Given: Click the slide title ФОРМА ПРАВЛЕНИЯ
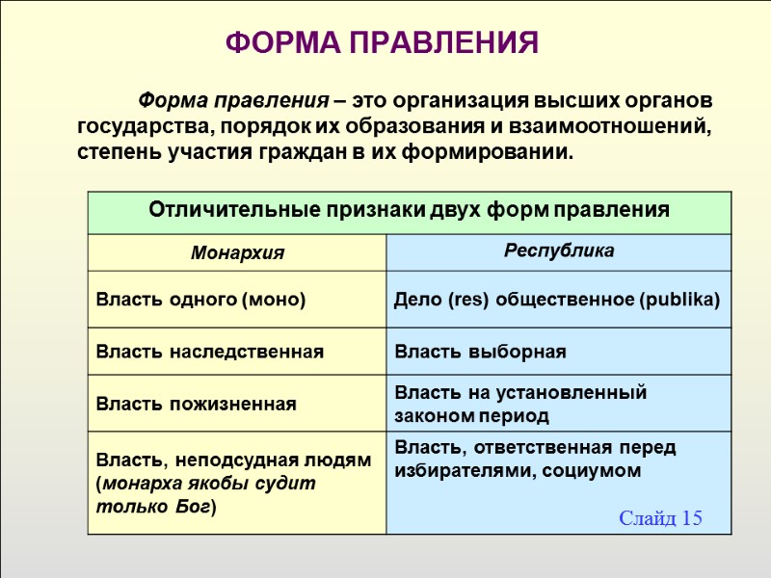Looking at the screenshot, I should click(x=381, y=43).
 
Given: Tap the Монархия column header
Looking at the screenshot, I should click(x=238, y=253).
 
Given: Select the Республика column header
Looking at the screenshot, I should click(x=559, y=250).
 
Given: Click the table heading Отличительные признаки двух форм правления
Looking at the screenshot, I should click(x=409, y=210).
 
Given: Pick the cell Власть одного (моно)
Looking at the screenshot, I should click(x=200, y=300).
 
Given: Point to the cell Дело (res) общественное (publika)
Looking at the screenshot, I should click(x=557, y=300).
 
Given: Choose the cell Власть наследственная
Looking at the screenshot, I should click(x=209, y=352).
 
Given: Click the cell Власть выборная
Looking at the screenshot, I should click(x=480, y=352).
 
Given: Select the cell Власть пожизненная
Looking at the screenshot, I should click(x=196, y=404).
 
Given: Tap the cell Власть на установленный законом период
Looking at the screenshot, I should click(x=520, y=404).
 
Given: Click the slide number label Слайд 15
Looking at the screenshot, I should click(x=660, y=518).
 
